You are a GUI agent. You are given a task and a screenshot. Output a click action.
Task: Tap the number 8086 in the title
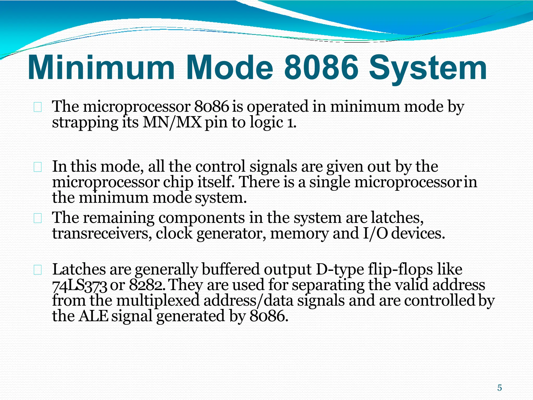click(321, 68)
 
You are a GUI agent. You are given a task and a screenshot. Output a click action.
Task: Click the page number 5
click(499, 388)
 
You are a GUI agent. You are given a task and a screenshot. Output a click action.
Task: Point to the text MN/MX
click(172, 122)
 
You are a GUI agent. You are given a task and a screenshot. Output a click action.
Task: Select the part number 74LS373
click(80, 286)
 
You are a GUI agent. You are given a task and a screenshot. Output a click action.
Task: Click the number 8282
click(147, 285)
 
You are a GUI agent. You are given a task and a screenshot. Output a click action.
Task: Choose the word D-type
click(340, 270)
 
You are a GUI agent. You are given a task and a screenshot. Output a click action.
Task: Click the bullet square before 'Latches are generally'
click(38, 270)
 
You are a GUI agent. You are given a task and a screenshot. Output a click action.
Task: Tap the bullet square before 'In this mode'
click(38, 167)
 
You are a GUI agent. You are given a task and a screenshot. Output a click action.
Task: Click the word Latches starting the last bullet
click(79, 270)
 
